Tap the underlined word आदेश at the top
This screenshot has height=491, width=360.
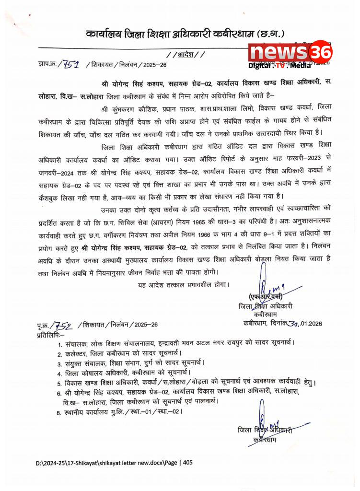pyautogui.click(x=187, y=55)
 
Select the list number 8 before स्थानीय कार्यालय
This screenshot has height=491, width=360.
pyautogui.click(x=59, y=411)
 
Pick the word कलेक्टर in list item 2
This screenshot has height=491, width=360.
pyautogui.click(x=80, y=353)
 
